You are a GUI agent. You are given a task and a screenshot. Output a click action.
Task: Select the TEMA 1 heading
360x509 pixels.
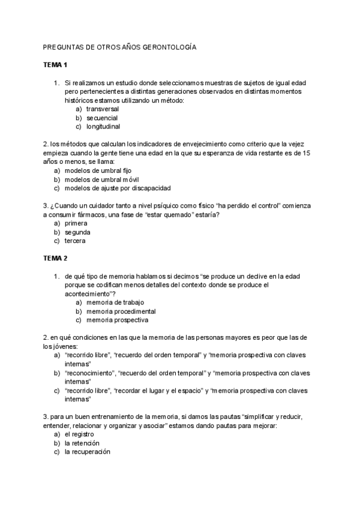point(56,64)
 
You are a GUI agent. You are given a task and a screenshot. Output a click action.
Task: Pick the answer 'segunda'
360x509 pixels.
point(77,232)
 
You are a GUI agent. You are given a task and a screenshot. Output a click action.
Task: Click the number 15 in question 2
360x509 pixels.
point(307,153)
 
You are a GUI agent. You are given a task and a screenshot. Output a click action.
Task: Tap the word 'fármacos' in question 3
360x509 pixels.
point(91,214)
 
